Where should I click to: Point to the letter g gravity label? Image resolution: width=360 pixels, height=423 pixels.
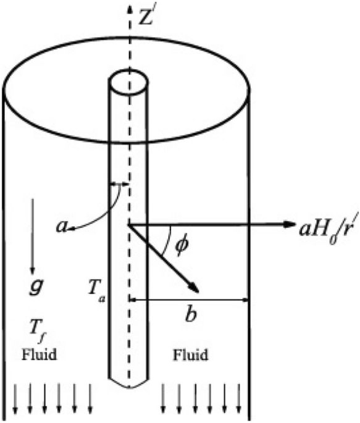(35, 285)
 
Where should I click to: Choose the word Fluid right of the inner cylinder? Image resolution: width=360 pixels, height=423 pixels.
(190, 356)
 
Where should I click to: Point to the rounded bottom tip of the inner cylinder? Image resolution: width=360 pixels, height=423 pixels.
(129, 387)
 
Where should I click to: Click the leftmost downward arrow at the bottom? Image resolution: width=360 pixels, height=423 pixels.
(14, 401)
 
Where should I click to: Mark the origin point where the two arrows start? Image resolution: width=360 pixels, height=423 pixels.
(129, 225)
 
